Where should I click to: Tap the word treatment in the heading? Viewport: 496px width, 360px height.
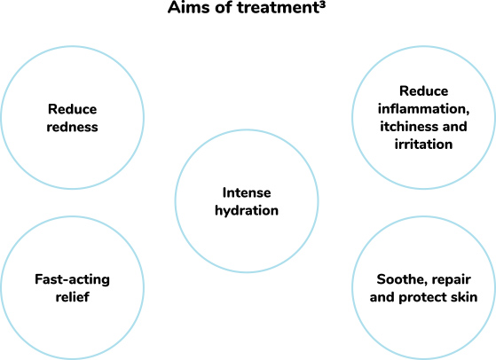tap(277, 7)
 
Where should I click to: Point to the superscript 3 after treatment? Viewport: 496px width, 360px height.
tap(322, 4)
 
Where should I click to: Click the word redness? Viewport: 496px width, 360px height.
tap(72, 127)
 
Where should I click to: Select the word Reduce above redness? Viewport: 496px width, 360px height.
tap(72, 109)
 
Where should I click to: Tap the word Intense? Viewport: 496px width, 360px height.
tap(247, 192)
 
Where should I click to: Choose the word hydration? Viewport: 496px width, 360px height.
tap(247, 211)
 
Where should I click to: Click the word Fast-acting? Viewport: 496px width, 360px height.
tap(72, 279)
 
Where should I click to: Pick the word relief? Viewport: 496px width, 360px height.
tap(72, 297)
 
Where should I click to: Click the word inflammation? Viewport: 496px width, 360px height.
tap(423, 109)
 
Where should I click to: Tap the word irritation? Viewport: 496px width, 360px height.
tap(423, 145)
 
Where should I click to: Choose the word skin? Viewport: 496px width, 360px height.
tap(465, 297)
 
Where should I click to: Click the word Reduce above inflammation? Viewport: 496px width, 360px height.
tap(423, 91)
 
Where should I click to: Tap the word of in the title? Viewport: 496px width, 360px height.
tap(224, 7)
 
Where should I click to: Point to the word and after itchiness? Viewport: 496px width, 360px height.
tap(455, 127)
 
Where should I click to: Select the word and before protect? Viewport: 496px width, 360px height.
tap(382, 297)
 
